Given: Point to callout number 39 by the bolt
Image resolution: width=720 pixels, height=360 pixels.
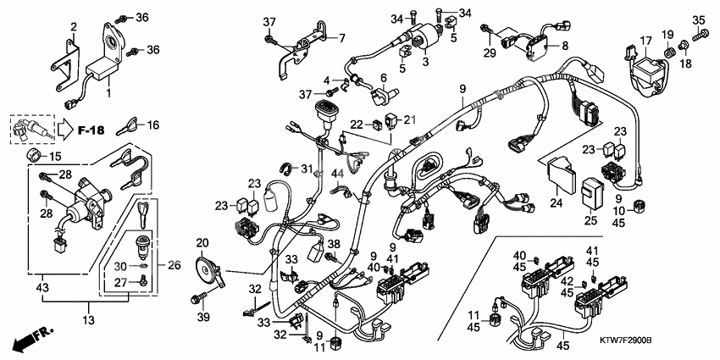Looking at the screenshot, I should (202, 316).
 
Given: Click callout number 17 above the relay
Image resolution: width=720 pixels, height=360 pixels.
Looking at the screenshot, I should (645, 40).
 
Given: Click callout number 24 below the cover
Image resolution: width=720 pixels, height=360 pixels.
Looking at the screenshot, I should (556, 202).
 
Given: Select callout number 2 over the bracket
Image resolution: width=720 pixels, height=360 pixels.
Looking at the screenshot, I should (73, 26).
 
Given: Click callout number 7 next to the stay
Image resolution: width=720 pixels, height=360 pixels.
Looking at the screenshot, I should (342, 38).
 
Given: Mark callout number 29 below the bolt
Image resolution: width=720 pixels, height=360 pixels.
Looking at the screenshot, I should (487, 53).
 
